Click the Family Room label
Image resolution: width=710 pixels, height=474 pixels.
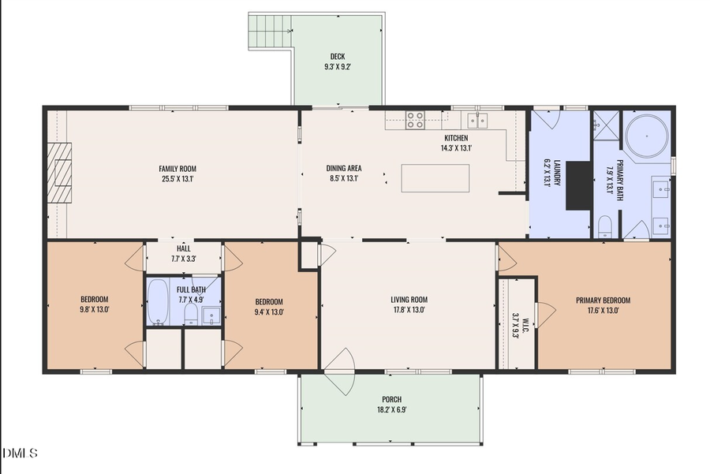177,169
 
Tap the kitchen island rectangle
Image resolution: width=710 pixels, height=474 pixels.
435,178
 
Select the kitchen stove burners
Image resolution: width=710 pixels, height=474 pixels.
415,120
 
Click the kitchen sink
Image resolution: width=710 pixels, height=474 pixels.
477,121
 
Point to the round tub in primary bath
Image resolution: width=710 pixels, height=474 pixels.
647,136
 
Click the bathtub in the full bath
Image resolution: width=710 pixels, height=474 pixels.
158,301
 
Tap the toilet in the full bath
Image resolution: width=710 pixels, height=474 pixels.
192,314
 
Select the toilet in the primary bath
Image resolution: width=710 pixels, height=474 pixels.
605,226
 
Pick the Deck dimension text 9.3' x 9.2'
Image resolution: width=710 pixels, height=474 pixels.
338,66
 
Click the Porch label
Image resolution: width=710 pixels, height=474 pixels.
391,399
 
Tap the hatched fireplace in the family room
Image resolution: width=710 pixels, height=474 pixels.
59,173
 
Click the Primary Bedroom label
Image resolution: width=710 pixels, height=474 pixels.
603,300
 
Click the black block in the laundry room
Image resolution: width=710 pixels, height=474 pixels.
579,185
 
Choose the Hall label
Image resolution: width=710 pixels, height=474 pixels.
183,248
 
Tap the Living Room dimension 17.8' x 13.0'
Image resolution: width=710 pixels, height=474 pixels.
409,310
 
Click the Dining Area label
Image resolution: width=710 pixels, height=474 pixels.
344,169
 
